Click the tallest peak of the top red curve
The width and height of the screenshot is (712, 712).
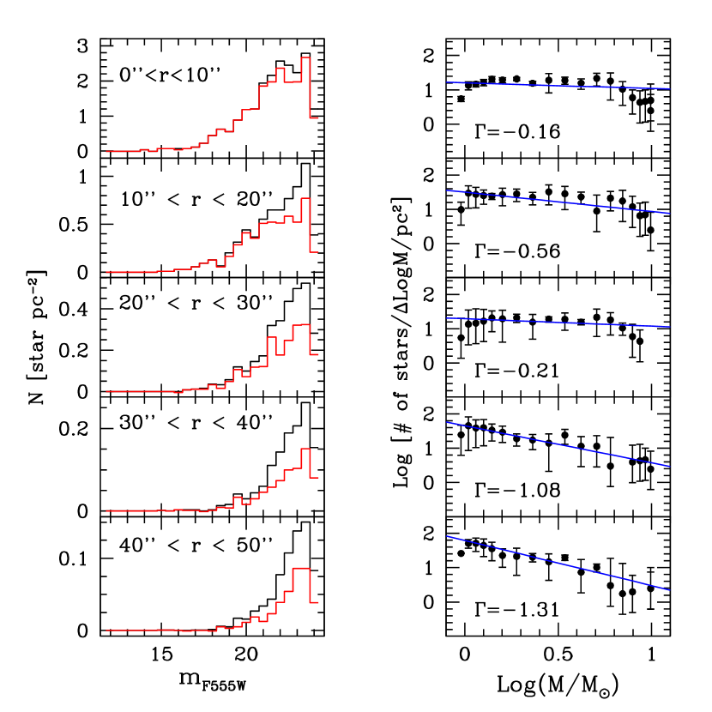coord(305,57)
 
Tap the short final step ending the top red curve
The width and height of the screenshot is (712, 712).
coord(314,118)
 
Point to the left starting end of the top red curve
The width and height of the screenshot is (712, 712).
coord(107,151)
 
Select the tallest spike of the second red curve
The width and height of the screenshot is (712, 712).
coord(305,198)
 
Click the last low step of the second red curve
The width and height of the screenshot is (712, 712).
coord(314,252)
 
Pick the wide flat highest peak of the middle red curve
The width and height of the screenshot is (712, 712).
coord(301,325)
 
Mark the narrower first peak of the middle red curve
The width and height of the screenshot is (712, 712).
coord(272,338)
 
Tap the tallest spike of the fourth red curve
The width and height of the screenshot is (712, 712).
coord(305,449)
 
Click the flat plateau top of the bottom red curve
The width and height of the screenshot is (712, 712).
coord(301,569)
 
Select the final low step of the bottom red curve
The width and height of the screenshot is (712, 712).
coord(314,602)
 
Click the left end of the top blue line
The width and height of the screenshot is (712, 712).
coord(447,82)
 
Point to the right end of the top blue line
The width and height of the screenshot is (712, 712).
coord(668,88)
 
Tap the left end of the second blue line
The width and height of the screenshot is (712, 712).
coord(447,190)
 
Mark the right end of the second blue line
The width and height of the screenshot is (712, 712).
coord(668,213)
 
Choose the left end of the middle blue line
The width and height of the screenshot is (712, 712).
coord(447,318)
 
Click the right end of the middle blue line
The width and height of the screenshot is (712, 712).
coord(668,327)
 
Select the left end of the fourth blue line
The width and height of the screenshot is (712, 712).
coord(447,422)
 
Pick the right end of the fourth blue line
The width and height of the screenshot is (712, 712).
coord(668,467)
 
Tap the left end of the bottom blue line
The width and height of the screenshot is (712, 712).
coord(447,536)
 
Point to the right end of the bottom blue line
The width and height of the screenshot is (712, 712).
coord(668,590)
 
